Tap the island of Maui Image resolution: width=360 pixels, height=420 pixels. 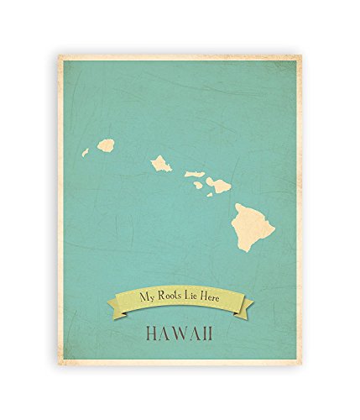click(x=219, y=184)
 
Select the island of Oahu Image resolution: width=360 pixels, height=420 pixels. click(x=161, y=164)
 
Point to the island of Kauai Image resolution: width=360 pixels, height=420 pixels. click(x=106, y=145)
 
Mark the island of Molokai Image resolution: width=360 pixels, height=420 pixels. click(x=194, y=173)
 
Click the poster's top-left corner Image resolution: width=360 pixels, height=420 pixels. click(x=59, y=57)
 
